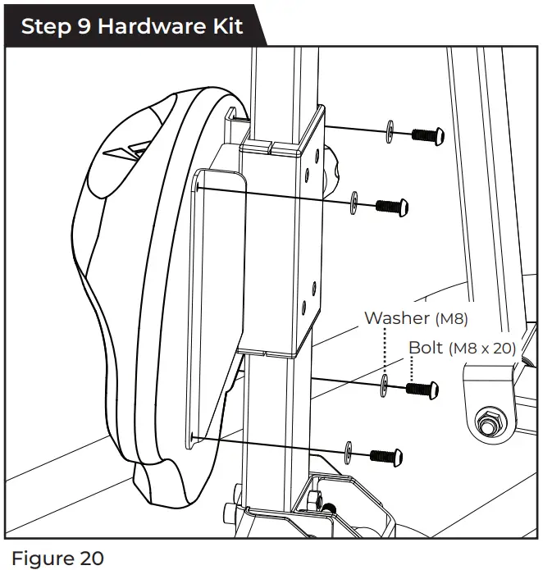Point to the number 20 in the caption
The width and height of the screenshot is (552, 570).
pos(90,559)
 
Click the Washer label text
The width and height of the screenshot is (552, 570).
pos(397,317)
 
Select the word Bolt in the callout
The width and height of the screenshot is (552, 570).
pos(426,348)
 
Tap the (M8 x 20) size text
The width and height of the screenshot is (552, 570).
pos(482,349)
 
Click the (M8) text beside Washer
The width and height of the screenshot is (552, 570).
pos(452,318)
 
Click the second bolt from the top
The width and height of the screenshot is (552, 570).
pos(392,205)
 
